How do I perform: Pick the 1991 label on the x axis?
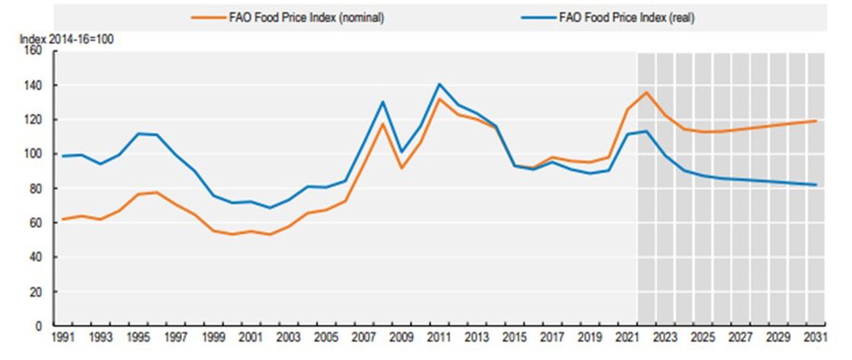pyautogui.click(x=64, y=336)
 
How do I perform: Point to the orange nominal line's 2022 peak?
pyautogui.click(x=646, y=93)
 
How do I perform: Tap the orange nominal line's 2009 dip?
pyautogui.click(x=402, y=167)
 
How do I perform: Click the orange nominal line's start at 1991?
pyautogui.click(x=64, y=219)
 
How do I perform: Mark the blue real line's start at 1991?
pyautogui.click(x=64, y=156)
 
